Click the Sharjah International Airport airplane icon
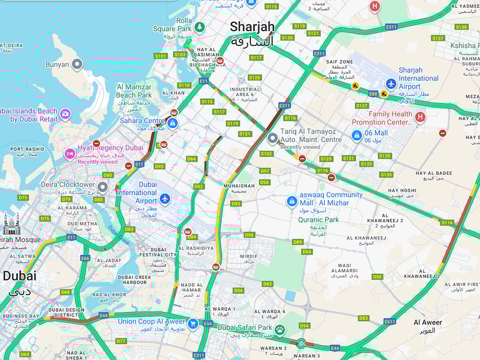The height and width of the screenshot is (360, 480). tap(391, 84)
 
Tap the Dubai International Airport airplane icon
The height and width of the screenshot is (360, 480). tap(164, 198)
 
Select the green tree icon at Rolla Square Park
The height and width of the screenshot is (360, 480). tap(199, 27)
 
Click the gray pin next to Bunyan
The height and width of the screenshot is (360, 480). tap(77, 64)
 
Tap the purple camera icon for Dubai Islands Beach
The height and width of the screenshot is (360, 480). tap(65, 115)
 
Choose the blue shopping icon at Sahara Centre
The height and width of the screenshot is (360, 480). tap(172, 123)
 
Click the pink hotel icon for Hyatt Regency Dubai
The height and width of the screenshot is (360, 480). tap(70, 154)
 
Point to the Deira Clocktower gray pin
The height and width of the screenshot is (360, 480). tap(103, 187)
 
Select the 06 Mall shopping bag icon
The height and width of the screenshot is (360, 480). tap(356, 136)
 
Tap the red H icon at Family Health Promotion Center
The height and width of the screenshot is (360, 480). tap(420, 117)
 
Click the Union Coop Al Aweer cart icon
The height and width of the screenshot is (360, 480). tap(193, 324)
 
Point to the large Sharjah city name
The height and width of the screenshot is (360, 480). tap(252, 27)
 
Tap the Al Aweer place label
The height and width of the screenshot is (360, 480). tap(428, 322)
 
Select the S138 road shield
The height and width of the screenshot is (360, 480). tap(461, 27)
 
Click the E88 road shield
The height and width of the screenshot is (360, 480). tap(373, 94)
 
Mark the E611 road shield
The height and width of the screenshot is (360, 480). tap(390, 322)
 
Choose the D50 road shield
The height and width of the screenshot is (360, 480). tap(377, 277)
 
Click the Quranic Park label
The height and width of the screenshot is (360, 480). tap(318, 220)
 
